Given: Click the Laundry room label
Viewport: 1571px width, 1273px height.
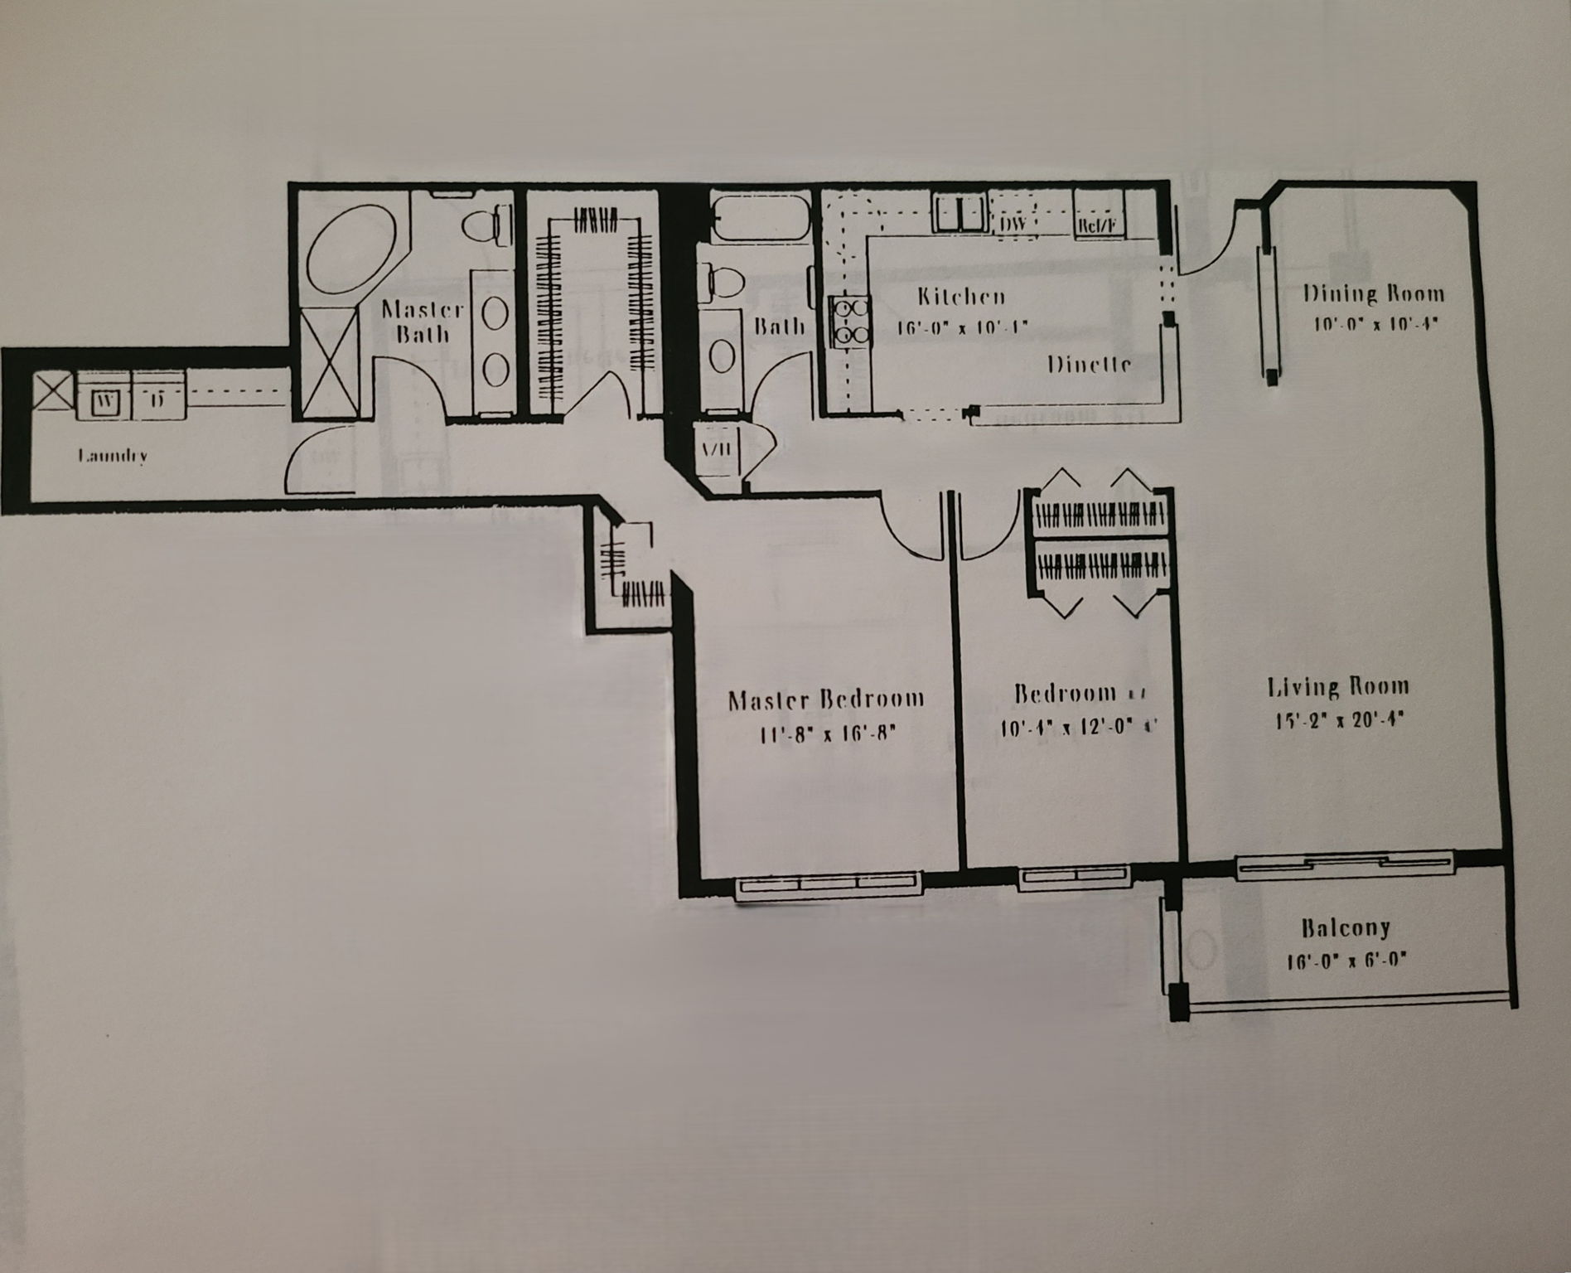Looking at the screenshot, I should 113,456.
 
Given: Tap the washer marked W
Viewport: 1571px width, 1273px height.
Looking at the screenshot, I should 105,400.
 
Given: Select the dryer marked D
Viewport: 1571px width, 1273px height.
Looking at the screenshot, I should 157,400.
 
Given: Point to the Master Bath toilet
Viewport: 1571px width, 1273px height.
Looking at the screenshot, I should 488,226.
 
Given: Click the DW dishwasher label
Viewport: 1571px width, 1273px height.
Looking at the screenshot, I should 1013,225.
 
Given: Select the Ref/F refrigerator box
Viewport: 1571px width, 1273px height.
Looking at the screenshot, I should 1098,225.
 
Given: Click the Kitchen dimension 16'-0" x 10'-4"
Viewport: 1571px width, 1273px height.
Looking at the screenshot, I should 962,327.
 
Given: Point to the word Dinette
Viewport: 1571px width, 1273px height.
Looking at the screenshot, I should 1089,365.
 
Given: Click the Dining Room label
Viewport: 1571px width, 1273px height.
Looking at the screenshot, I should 1373,293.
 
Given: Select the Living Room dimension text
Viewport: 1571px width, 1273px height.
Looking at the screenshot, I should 1338,720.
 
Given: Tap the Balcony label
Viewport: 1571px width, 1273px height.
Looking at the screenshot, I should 1345,927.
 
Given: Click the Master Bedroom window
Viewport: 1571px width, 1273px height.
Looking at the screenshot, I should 829,884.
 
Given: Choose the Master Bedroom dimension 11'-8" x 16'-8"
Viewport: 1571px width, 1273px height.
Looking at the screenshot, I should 827,734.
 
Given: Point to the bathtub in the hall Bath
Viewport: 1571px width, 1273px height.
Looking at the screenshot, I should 760,218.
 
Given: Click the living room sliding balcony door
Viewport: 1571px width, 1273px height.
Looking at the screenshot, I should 1345,864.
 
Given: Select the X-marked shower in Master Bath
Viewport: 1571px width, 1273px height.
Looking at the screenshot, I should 329,360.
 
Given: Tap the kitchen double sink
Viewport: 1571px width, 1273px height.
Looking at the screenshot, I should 959,214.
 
